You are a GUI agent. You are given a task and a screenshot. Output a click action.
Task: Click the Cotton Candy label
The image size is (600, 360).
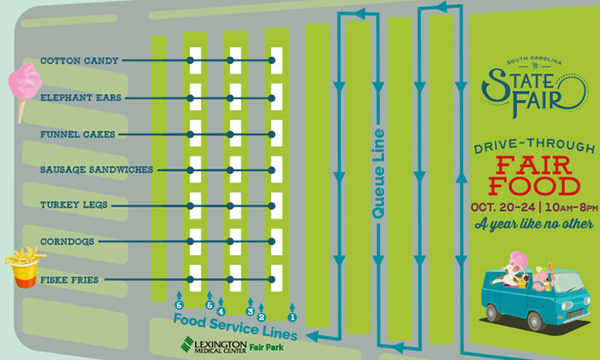coord(79,61)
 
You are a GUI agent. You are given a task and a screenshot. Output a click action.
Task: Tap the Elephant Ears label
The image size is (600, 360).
coord(81,97)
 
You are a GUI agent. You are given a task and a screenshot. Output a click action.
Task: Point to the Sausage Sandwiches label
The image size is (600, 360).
coord(97,169)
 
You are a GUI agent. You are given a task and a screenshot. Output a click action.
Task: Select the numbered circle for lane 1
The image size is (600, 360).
coord(292,316)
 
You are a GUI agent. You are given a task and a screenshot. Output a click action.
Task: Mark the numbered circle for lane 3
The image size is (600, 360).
coord(250,311)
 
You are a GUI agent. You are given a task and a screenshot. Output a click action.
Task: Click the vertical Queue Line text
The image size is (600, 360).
coord(379,174)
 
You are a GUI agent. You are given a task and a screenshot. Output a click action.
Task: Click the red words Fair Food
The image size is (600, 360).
coord(533,172)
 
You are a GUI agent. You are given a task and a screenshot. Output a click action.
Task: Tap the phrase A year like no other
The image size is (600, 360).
coord(533,224)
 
